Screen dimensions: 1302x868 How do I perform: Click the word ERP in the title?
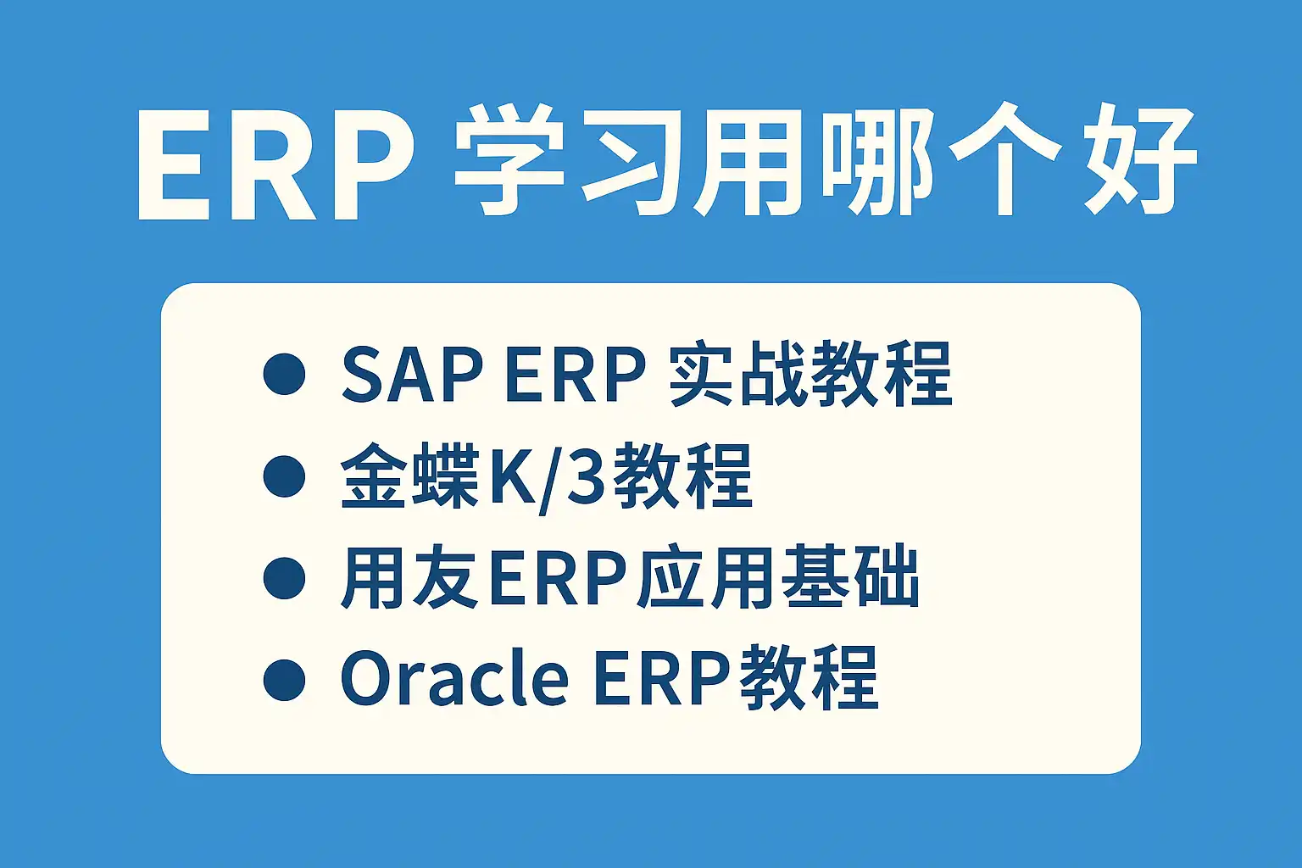[x=277, y=164]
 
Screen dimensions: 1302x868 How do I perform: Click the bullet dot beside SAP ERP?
[x=284, y=374]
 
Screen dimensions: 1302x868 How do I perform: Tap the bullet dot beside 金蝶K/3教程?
[x=284, y=476]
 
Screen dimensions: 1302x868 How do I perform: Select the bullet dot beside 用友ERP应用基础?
[x=284, y=578]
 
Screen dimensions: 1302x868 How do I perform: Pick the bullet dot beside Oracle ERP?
[x=284, y=680]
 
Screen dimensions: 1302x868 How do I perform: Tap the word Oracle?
[x=454, y=678]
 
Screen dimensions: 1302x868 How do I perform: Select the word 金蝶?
[x=410, y=476]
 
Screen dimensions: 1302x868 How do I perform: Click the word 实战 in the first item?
[x=739, y=375]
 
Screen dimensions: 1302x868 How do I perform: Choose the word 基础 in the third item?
[x=850, y=578]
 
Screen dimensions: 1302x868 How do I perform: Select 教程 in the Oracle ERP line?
[x=809, y=678]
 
